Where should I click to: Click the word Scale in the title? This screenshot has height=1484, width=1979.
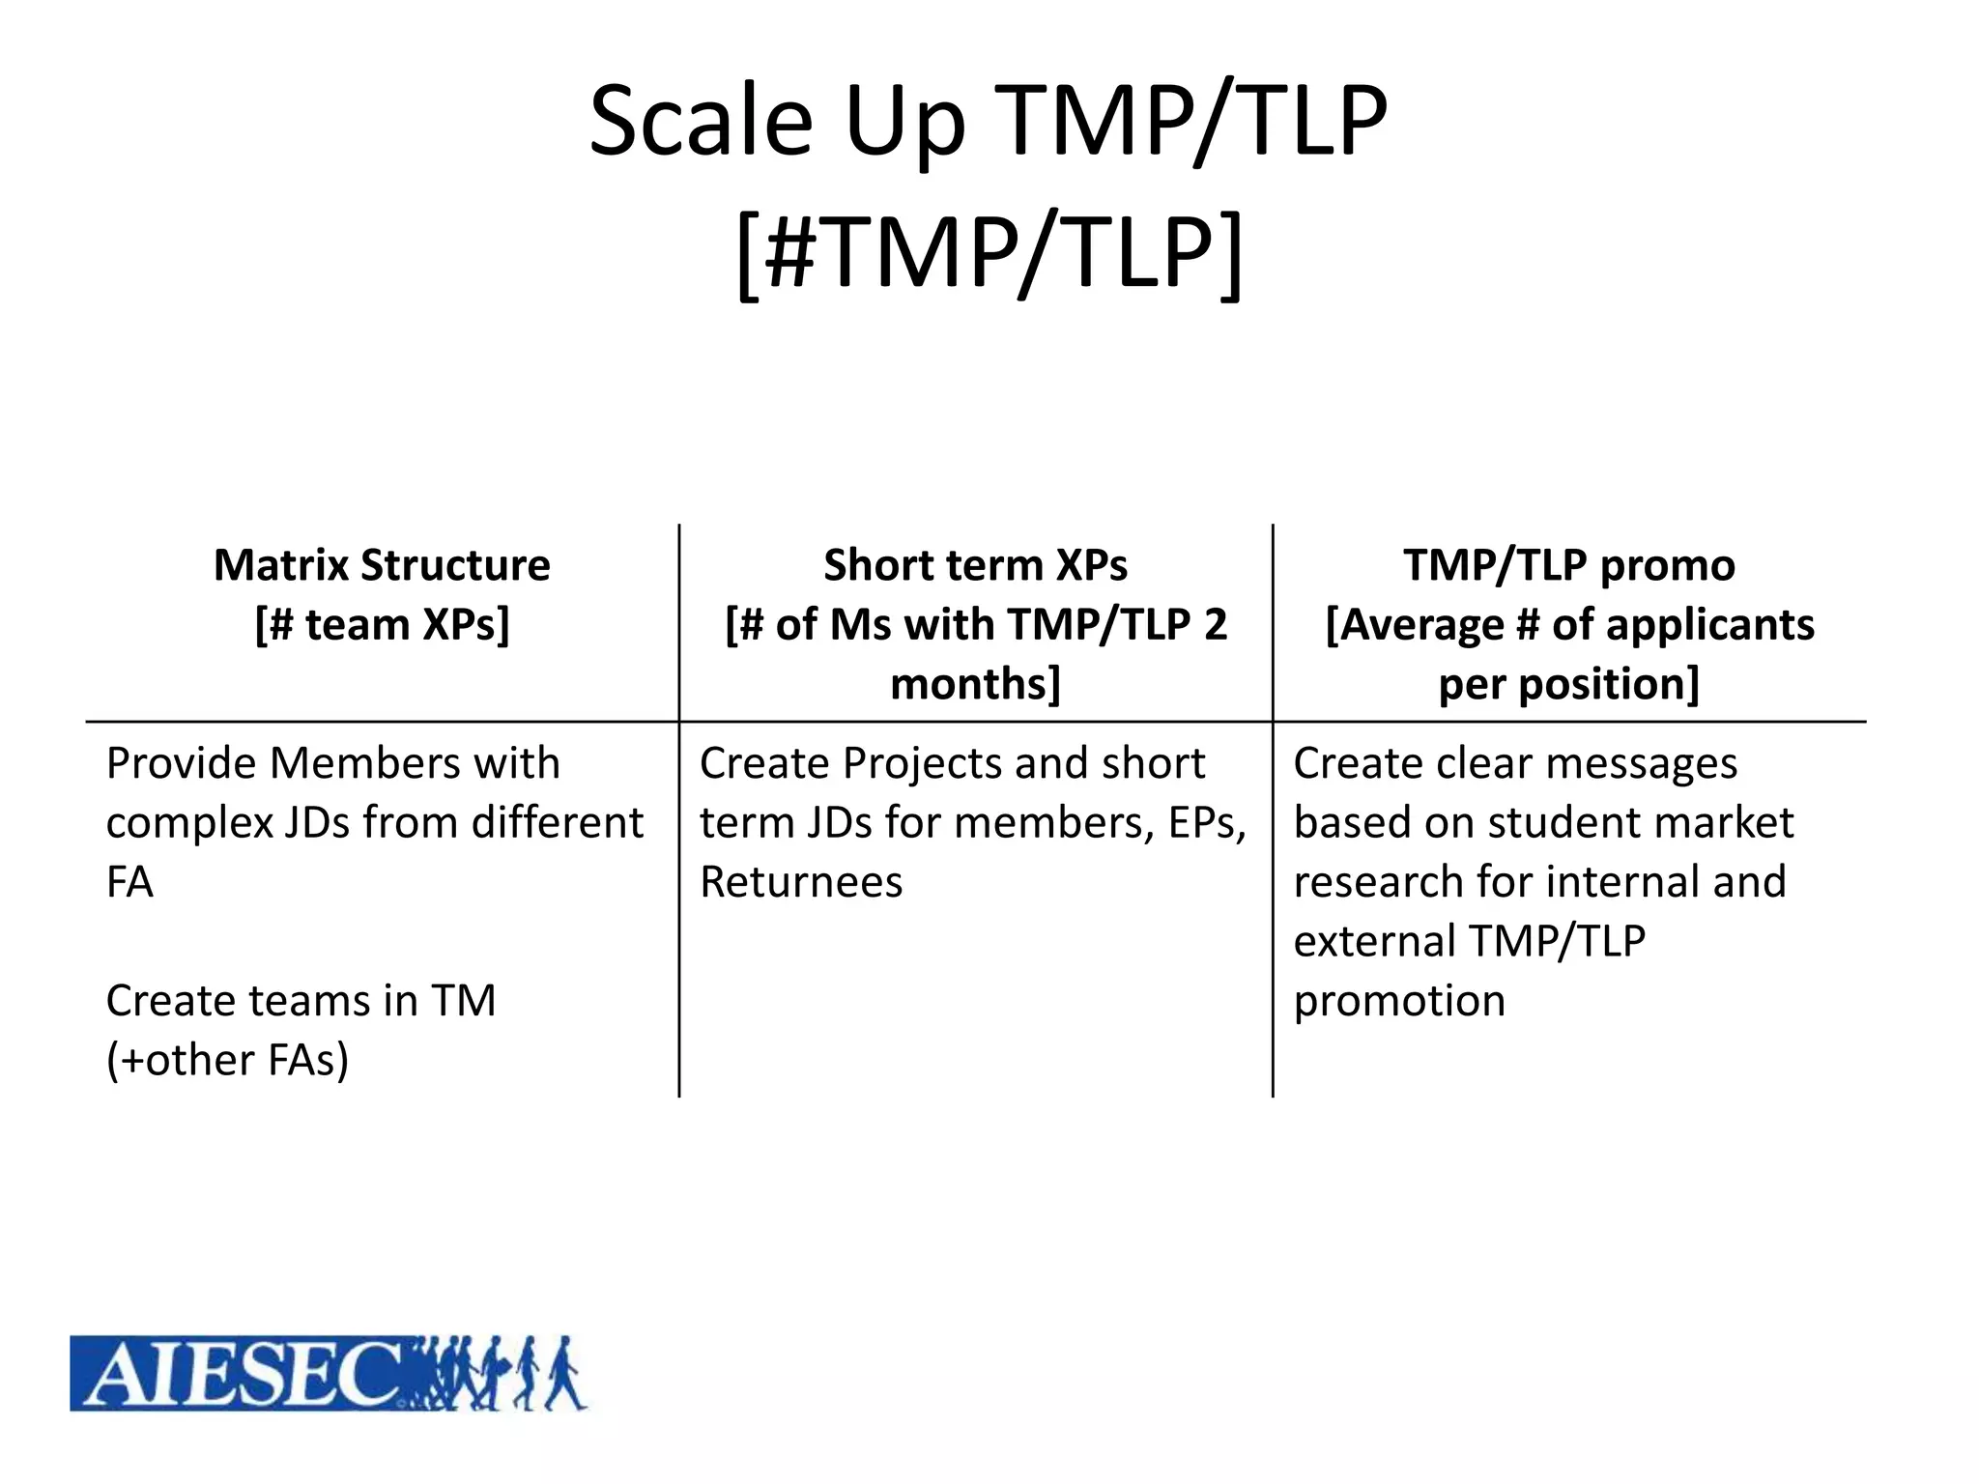click(x=702, y=122)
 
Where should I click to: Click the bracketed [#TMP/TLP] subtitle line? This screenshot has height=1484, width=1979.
click(x=989, y=253)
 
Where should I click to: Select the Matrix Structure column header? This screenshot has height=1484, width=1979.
click(x=382, y=565)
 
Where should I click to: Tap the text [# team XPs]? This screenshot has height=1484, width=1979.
click(x=382, y=624)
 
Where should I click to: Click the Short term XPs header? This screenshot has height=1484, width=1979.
click(x=975, y=565)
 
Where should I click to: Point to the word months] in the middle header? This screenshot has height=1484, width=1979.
click(x=975, y=684)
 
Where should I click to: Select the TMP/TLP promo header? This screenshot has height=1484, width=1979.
click(x=1568, y=565)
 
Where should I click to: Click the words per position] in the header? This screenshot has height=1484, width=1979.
click(x=1568, y=684)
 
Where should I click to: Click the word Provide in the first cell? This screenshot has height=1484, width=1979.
click(x=180, y=763)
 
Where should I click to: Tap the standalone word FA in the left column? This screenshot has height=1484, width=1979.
click(x=129, y=882)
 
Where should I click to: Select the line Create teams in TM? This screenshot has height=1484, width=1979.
click(x=301, y=1001)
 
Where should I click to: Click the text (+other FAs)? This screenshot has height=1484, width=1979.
click(x=227, y=1060)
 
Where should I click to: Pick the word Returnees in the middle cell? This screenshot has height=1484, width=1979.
click(x=801, y=882)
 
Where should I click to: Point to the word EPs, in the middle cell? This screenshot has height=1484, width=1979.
click(x=1207, y=823)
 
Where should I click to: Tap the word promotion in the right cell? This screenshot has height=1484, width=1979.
click(x=1399, y=1001)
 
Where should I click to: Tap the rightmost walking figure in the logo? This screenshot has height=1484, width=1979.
click(x=564, y=1374)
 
